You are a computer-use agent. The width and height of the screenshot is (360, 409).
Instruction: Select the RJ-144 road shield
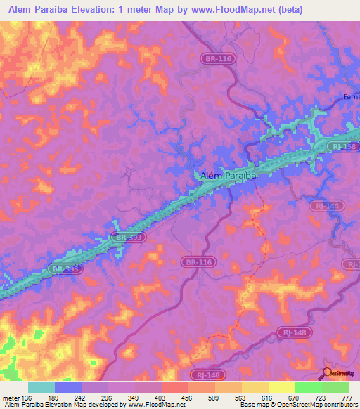pyautogui.click(x=326, y=206)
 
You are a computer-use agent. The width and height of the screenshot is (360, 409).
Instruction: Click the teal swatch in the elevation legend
pyautogui.click(x=41, y=387)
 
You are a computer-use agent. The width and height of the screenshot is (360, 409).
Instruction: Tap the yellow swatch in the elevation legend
pyautogui.click(x=255, y=387)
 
